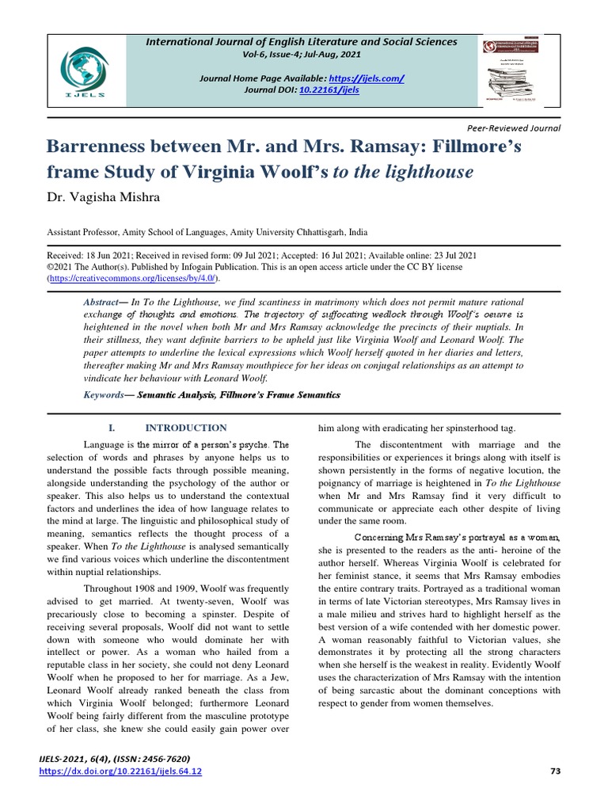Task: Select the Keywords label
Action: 103,394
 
